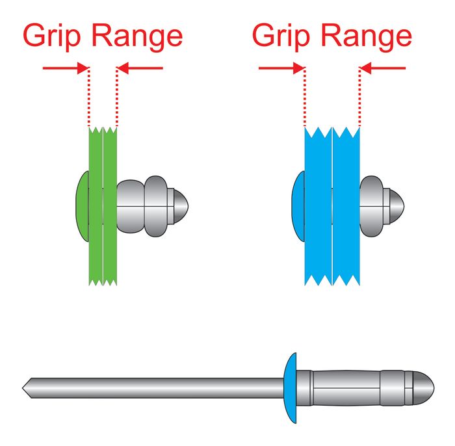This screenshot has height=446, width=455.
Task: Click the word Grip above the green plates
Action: [54, 36]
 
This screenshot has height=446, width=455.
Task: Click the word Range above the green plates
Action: [136, 36]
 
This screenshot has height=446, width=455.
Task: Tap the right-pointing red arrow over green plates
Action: [65, 67]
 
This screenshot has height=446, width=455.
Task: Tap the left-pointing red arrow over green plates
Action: [140, 66]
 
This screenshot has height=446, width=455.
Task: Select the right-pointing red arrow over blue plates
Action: [281, 67]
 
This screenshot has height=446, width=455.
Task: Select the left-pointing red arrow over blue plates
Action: [383, 67]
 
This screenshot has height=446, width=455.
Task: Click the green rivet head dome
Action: [82, 205]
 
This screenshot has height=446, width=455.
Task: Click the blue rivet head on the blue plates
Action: [298, 205]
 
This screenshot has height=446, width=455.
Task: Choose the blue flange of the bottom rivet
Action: [291, 387]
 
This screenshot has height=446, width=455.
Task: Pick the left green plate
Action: [96, 247]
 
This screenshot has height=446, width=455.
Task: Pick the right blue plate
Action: [345, 247]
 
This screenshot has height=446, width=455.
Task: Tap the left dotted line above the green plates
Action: [88, 98]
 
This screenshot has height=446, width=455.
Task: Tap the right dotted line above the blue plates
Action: [359, 98]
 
